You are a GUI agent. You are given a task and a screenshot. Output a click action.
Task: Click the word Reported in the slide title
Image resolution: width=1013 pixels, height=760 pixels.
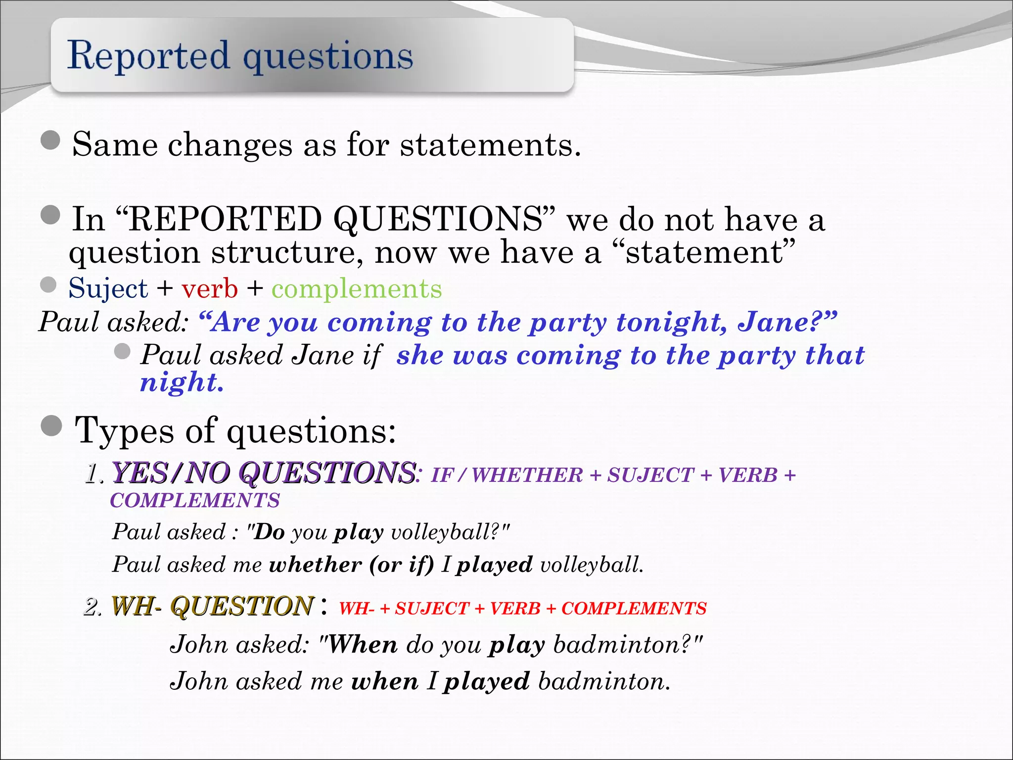point(148,55)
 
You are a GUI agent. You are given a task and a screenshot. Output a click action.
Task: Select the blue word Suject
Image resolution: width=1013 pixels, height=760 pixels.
point(108,288)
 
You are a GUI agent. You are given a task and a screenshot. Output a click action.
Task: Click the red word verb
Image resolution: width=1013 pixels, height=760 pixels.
point(209,288)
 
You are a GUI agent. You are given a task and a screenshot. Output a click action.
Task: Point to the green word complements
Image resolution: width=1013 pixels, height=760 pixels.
point(357,288)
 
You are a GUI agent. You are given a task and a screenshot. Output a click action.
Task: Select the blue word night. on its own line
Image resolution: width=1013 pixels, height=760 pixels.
point(182,382)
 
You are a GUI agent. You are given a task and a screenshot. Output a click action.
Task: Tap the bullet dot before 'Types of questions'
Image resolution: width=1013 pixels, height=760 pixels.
point(51,426)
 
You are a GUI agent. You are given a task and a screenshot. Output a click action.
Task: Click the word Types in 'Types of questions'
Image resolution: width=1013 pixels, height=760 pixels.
point(124,430)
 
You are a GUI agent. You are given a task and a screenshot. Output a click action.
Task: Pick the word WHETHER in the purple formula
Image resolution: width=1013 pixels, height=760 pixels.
point(527,475)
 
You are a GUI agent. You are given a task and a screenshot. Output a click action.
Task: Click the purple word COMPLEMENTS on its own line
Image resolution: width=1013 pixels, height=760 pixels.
point(195,501)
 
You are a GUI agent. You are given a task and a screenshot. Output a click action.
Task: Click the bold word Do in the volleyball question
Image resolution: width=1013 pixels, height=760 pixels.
point(269,532)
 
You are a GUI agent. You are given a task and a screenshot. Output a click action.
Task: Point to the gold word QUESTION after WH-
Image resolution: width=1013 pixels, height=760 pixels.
point(242,607)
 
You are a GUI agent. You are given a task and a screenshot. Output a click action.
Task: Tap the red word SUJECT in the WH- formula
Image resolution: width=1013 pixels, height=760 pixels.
point(432,609)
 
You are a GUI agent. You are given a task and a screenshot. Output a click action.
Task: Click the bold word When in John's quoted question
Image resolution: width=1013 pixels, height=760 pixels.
point(363,645)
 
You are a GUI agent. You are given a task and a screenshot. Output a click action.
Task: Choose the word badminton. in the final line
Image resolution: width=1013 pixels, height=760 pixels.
point(604,681)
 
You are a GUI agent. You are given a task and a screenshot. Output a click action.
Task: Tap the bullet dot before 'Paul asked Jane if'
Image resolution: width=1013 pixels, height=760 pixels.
point(122,351)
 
